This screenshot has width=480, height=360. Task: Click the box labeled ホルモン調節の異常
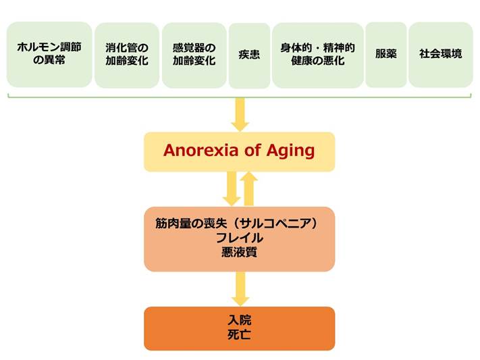point(49,55)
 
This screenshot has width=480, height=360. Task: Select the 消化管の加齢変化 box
point(127,55)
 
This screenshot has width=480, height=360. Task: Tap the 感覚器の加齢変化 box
point(194,55)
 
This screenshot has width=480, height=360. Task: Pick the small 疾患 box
point(250,56)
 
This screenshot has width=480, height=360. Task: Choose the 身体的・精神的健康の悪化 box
point(318,55)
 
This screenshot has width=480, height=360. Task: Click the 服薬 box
point(386,55)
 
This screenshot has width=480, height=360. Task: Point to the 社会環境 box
point(441,55)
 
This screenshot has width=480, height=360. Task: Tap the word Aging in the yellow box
point(290,151)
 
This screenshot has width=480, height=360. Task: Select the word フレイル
point(240,238)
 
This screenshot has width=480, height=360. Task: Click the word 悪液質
point(240,252)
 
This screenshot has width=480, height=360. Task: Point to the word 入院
point(240,320)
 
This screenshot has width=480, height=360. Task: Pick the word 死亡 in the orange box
point(240,334)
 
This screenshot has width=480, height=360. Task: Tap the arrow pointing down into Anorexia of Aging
point(240,115)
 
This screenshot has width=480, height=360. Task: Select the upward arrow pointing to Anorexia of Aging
point(249,188)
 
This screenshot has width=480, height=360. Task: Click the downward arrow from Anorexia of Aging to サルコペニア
point(232,188)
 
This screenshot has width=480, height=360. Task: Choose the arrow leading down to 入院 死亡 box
point(240,289)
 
